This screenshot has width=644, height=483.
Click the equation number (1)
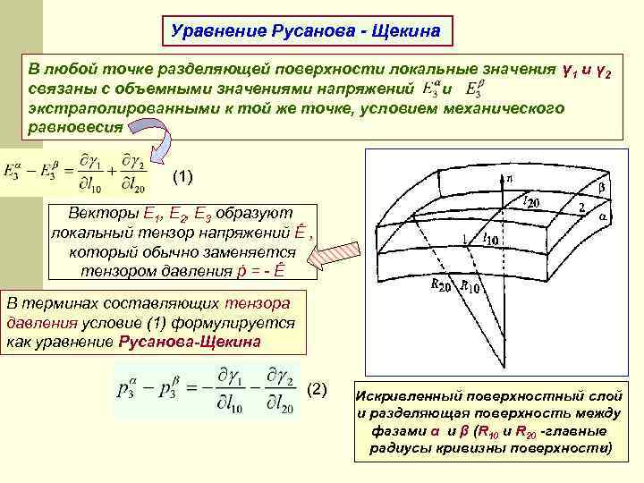181,174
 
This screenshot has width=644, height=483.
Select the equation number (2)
318,390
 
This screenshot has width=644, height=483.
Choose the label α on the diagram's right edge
604,216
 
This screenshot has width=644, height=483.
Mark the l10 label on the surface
490,238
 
